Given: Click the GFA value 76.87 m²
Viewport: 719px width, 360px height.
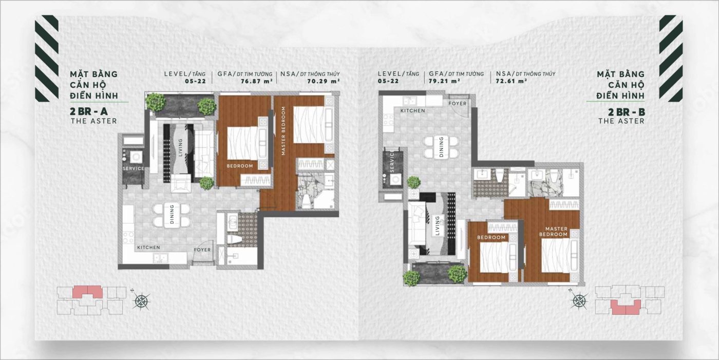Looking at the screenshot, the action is [x=257, y=81].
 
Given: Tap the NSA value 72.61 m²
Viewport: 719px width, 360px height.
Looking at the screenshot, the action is [x=512, y=81].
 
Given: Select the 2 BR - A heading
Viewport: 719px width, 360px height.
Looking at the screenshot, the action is [x=89, y=111].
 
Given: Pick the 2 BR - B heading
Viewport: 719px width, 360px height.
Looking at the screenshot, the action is [x=626, y=112].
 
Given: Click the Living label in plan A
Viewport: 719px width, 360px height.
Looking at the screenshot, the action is [x=180, y=147].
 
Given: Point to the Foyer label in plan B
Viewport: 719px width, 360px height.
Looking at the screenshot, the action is [x=458, y=104].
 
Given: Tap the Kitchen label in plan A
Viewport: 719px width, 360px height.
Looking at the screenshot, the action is [x=148, y=248].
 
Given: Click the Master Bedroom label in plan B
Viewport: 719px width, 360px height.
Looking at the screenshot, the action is [x=556, y=232].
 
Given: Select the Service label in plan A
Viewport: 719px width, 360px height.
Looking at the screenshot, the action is [x=134, y=168].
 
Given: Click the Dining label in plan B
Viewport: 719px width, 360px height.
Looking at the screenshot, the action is [x=441, y=147].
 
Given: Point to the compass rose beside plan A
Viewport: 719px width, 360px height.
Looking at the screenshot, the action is [x=141, y=300].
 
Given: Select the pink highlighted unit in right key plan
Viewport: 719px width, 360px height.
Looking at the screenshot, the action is [x=626, y=308].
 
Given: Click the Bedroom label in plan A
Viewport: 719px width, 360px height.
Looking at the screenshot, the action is [x=240, y=166].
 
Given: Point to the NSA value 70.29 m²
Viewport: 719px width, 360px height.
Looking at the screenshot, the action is [x=323, y=81].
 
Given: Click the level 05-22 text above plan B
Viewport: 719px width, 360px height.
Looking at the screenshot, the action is [x=388, y=81].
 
